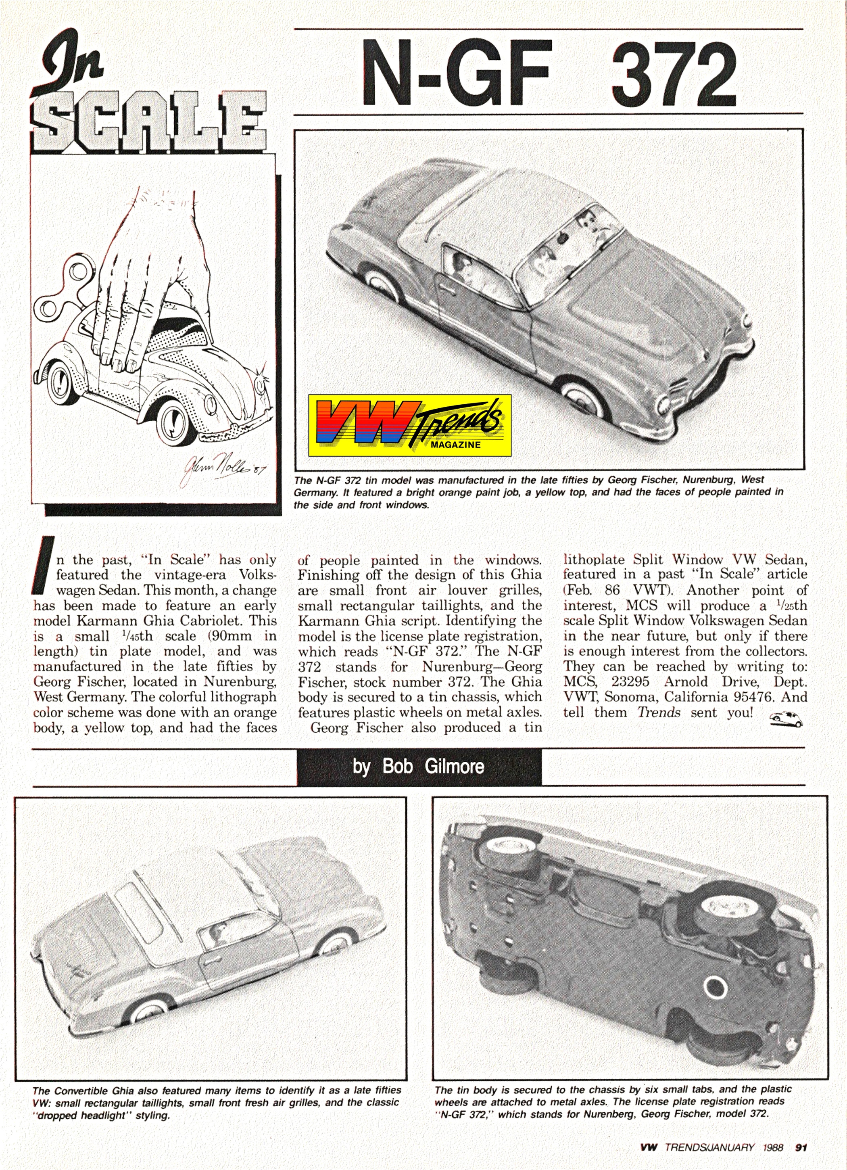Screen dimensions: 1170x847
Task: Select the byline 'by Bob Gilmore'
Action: coord(418,766)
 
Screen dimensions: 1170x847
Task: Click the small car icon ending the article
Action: coord(786,719)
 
